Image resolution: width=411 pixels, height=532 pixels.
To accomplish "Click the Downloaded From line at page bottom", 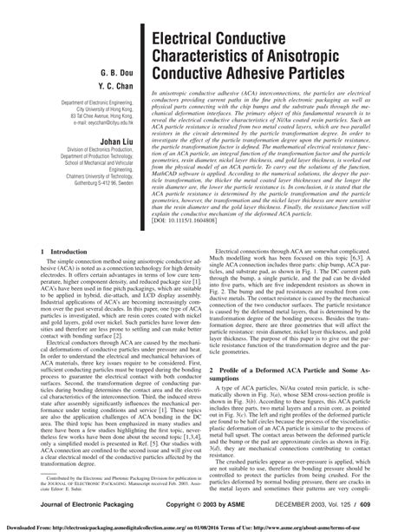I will pyautogui.click(x=205, y=525).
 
